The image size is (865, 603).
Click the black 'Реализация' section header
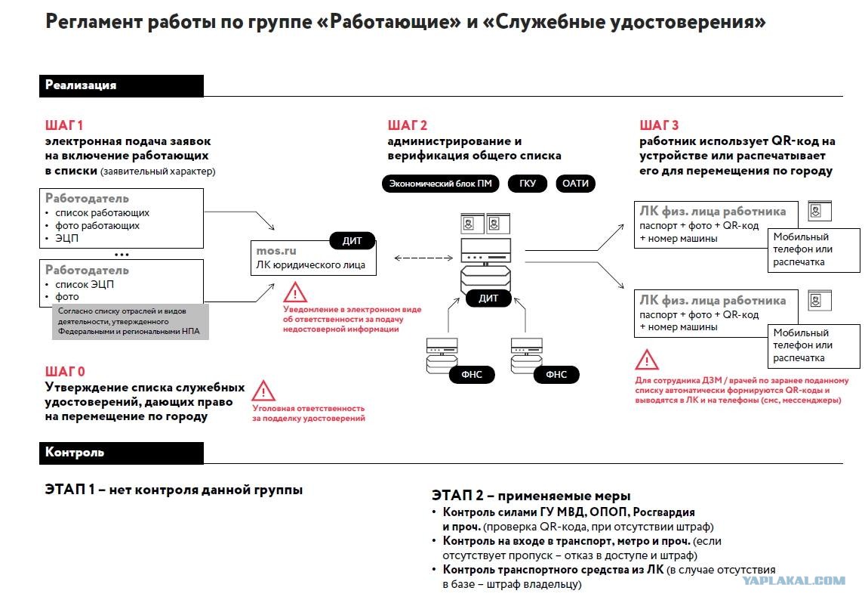(x=122, y=85)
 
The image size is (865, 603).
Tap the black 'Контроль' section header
(x=122, y=453)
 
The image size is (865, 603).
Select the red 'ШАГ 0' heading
(x=65, y=371)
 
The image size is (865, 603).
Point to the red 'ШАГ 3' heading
(x=659, y=125)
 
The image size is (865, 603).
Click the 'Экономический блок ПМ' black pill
(x=440, y=184)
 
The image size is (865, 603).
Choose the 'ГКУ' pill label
(x=528, y=184)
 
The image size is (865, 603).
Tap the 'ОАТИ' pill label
(x=575, y=184)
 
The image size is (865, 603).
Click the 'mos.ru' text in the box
(x=276, y=251)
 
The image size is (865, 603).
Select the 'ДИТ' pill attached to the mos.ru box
(x=352, y=241)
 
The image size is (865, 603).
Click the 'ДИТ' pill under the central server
(x=488, y=298)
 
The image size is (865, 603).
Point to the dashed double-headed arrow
(x=423, y=258)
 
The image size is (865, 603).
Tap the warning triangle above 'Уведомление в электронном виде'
(x=295, y=292)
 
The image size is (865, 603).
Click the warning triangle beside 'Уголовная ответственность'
(x=263, y=391)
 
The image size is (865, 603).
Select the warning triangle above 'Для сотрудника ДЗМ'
(x=647, y=360)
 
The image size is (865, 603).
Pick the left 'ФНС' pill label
(x=472, y=374)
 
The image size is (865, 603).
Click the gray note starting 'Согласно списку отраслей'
(x=130, y=321)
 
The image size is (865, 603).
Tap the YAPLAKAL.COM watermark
(x=793, y=580)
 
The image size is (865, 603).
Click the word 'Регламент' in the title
(x=88, y=22)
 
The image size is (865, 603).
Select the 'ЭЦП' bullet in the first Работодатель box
(x=66, y=239)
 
